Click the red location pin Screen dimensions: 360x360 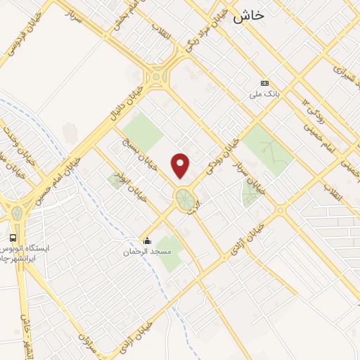pos(181,165)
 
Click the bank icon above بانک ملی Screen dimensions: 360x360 pos(264,83)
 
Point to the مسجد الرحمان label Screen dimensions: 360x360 pos(146,252)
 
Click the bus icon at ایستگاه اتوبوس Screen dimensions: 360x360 pos(13,237)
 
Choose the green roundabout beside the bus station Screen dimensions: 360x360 pos(16,213)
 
